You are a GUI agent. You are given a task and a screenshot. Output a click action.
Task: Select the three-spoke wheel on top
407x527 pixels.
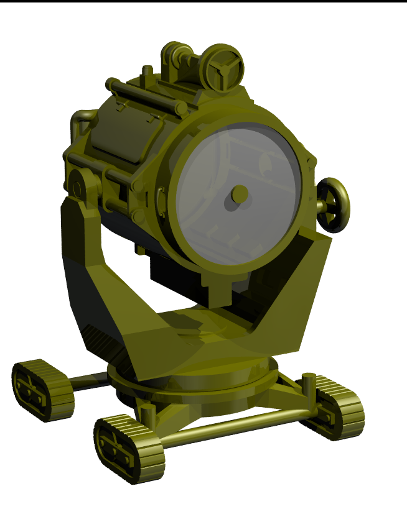click(223, 66)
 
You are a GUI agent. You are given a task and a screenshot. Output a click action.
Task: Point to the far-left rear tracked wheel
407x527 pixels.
click(42, 390)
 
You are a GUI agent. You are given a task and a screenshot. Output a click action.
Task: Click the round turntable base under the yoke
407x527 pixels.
click(193, 388)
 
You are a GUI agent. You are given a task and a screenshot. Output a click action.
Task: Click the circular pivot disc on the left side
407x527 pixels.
click(81, 185)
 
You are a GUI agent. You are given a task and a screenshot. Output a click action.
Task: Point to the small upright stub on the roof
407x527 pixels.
click(147, 72)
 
